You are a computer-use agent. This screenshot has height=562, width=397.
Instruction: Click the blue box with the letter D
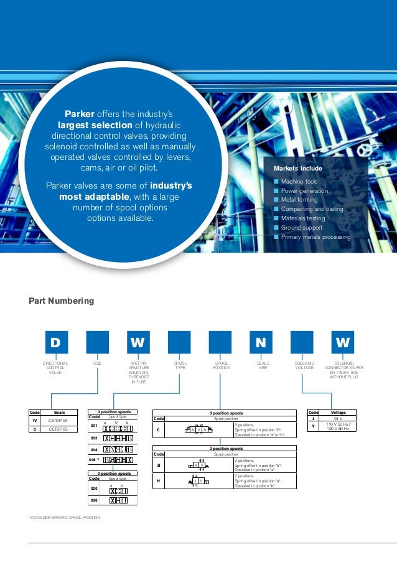coord(55,342)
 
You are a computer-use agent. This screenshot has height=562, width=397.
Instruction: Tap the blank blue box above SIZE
coord(97,342)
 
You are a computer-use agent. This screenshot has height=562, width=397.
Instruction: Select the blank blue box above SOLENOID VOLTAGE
coord(302,342)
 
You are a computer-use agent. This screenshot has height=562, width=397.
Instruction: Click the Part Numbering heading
coord(61,301)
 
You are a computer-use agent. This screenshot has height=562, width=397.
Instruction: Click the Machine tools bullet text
coord(299,182)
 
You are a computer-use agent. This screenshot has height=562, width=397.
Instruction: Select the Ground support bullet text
coord(302,228)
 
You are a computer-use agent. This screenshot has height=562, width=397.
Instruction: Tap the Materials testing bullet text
coord(303,218)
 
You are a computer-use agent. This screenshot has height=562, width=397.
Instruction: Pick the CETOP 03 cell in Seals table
coord(58,421)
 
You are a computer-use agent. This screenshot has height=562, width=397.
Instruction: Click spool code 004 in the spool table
coord(94,449)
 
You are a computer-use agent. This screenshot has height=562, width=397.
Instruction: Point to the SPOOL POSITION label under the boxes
coord(222,365)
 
